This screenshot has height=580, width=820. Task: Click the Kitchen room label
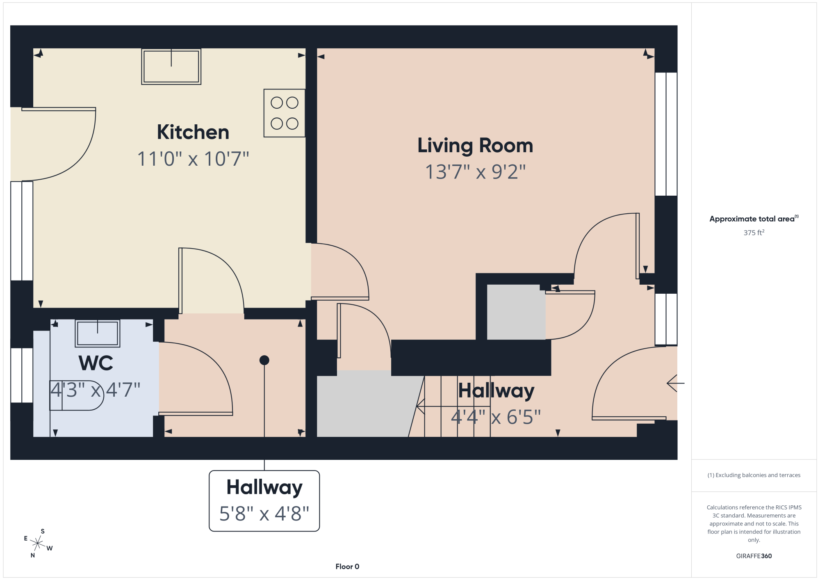pyautogui.click(x=193, y=132)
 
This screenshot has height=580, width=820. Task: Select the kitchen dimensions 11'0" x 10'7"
pyautogui.click(x=193, y=159)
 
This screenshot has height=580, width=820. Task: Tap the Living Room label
pyautogui.click(x=475, y=146)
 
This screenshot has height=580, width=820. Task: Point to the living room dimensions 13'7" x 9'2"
pyautogui.click(x=475, y=172)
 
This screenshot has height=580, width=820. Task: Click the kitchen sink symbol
pyautogui.click(x=171, y=66)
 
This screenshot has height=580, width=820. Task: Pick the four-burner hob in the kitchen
pyautogui.click(x=285, y=113)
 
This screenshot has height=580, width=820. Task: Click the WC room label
pyautogui.click(x=96, y=363)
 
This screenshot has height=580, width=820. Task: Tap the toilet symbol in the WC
pyautogui.click(x=77, y=395)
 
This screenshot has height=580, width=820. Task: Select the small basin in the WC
pyautogui.click(x=98, y=333)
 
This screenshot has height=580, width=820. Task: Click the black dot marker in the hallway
pyautogui.click(x=264, y=360)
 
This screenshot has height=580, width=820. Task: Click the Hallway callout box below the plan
pyautogui.click(x=264, y=501)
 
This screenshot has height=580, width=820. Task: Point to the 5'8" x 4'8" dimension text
pyautogui.click(x=264, y=514)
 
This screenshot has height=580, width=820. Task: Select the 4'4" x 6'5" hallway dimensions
pyautogui.click(x=496, y=417)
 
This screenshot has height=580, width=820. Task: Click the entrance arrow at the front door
pyautogui.click(x=676, y=384)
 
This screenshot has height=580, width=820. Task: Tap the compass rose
pyautogui.click(x=38, y=543)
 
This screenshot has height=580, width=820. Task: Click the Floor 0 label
pyautogui.click(x=347, y=566)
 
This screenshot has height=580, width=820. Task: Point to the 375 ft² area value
pyautogui.click(x=754, y=233)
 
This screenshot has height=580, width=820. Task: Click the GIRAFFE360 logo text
pyautogui.click(x=754, y=556)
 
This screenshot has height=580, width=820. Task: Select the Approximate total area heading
pyautogui.click(x=754, y=219)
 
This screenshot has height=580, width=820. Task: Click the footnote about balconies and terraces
pyautogui.click(x=754, y=475)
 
